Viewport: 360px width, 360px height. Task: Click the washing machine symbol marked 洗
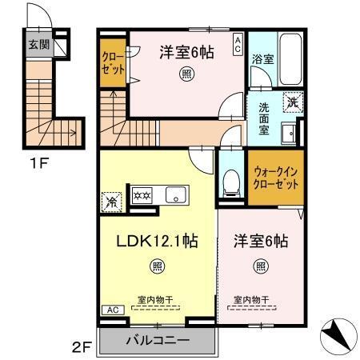[294, 102]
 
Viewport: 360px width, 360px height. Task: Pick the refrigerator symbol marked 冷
[112, 201]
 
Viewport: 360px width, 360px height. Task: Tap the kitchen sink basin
[174, 194]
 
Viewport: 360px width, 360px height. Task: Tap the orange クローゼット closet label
[113, 62]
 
